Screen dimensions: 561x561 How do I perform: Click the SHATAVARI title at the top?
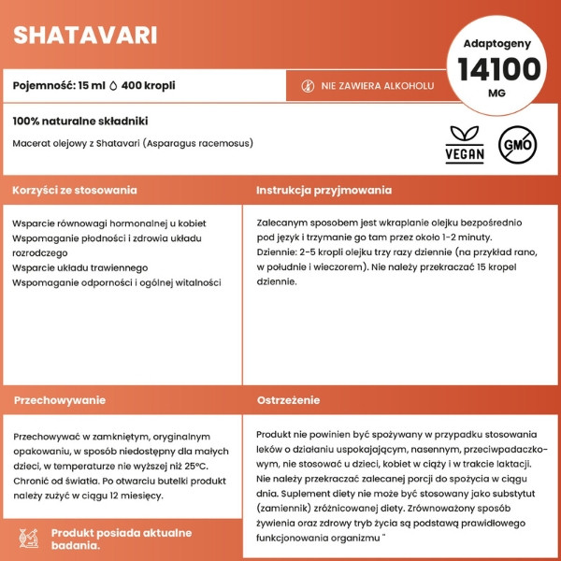coord(85,36)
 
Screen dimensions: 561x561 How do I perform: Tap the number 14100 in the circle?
coord(498,70)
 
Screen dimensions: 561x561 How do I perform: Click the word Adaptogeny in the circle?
coord(497,43)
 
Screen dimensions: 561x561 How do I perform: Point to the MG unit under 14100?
coord(497,93)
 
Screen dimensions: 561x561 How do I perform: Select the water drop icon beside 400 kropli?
coord(114,85)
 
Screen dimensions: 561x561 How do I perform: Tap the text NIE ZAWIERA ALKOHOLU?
coord(377,86)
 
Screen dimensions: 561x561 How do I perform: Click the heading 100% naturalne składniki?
coord(80,122)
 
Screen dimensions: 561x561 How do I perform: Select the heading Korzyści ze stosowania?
coord(75,190)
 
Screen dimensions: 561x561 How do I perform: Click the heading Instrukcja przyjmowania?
coord(324,190)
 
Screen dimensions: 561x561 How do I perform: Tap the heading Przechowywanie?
coord(60,399)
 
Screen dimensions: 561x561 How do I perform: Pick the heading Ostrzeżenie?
coord(289,399)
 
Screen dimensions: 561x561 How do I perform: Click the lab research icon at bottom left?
coord(28,538)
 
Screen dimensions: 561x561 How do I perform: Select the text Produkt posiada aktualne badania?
coord(121,539)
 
